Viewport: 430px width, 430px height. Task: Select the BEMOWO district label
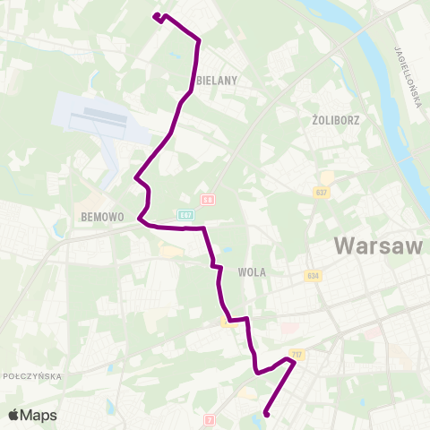coord(100,217)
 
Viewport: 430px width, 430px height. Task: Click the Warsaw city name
coord(377,245)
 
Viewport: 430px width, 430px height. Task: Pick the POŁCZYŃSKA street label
coord(32,377)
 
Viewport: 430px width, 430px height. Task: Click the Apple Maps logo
coord(32,416)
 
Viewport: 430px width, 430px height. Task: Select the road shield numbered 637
coord(322,193)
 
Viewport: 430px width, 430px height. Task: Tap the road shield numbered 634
coord(312,276)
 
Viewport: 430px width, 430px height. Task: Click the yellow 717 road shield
coord(297,355)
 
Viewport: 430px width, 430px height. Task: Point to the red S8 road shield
coord(208,200)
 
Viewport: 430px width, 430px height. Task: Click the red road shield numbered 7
coord(211,418)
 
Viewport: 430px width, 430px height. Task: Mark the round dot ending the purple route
coord(266,414)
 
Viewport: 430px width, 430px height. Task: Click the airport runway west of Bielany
coord(99,117)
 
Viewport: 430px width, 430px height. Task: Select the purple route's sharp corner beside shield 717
coord(294,362)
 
